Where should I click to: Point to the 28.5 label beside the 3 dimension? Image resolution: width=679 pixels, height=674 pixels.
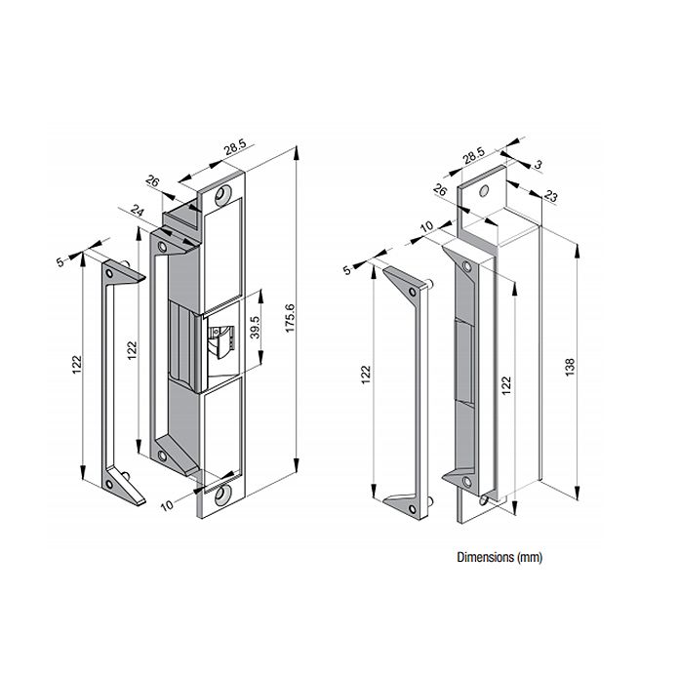click(x=474, y=155)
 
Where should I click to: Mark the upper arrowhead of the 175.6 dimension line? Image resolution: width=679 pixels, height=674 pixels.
click(x=297, y=151)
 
